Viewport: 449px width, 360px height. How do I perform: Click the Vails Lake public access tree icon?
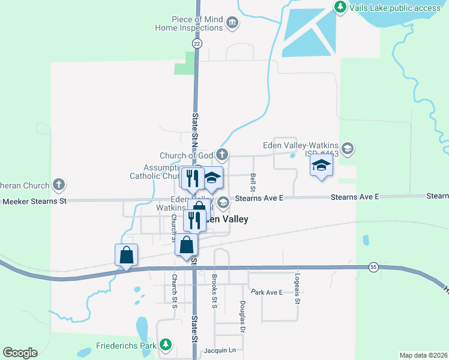tap(340, 7)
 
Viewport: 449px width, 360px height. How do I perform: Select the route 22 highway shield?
tap(197, 44)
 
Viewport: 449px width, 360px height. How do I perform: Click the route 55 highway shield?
tap(373, 267)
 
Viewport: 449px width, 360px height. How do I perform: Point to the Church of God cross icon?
tap(222, 155)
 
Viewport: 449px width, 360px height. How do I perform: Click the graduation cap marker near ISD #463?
tap(321, 166)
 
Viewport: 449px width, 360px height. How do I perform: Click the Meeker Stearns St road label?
tap(34, 201)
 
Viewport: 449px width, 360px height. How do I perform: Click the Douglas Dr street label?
tap(243, 317)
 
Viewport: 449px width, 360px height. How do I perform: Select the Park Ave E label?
tap(267, 292)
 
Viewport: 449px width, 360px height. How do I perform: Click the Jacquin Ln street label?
tap(223, 350)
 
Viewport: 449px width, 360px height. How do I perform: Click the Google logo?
tap(20, 353)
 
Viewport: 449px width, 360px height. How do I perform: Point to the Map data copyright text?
tap(423, 355)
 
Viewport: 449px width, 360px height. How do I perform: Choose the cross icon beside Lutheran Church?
tap(59, 184)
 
